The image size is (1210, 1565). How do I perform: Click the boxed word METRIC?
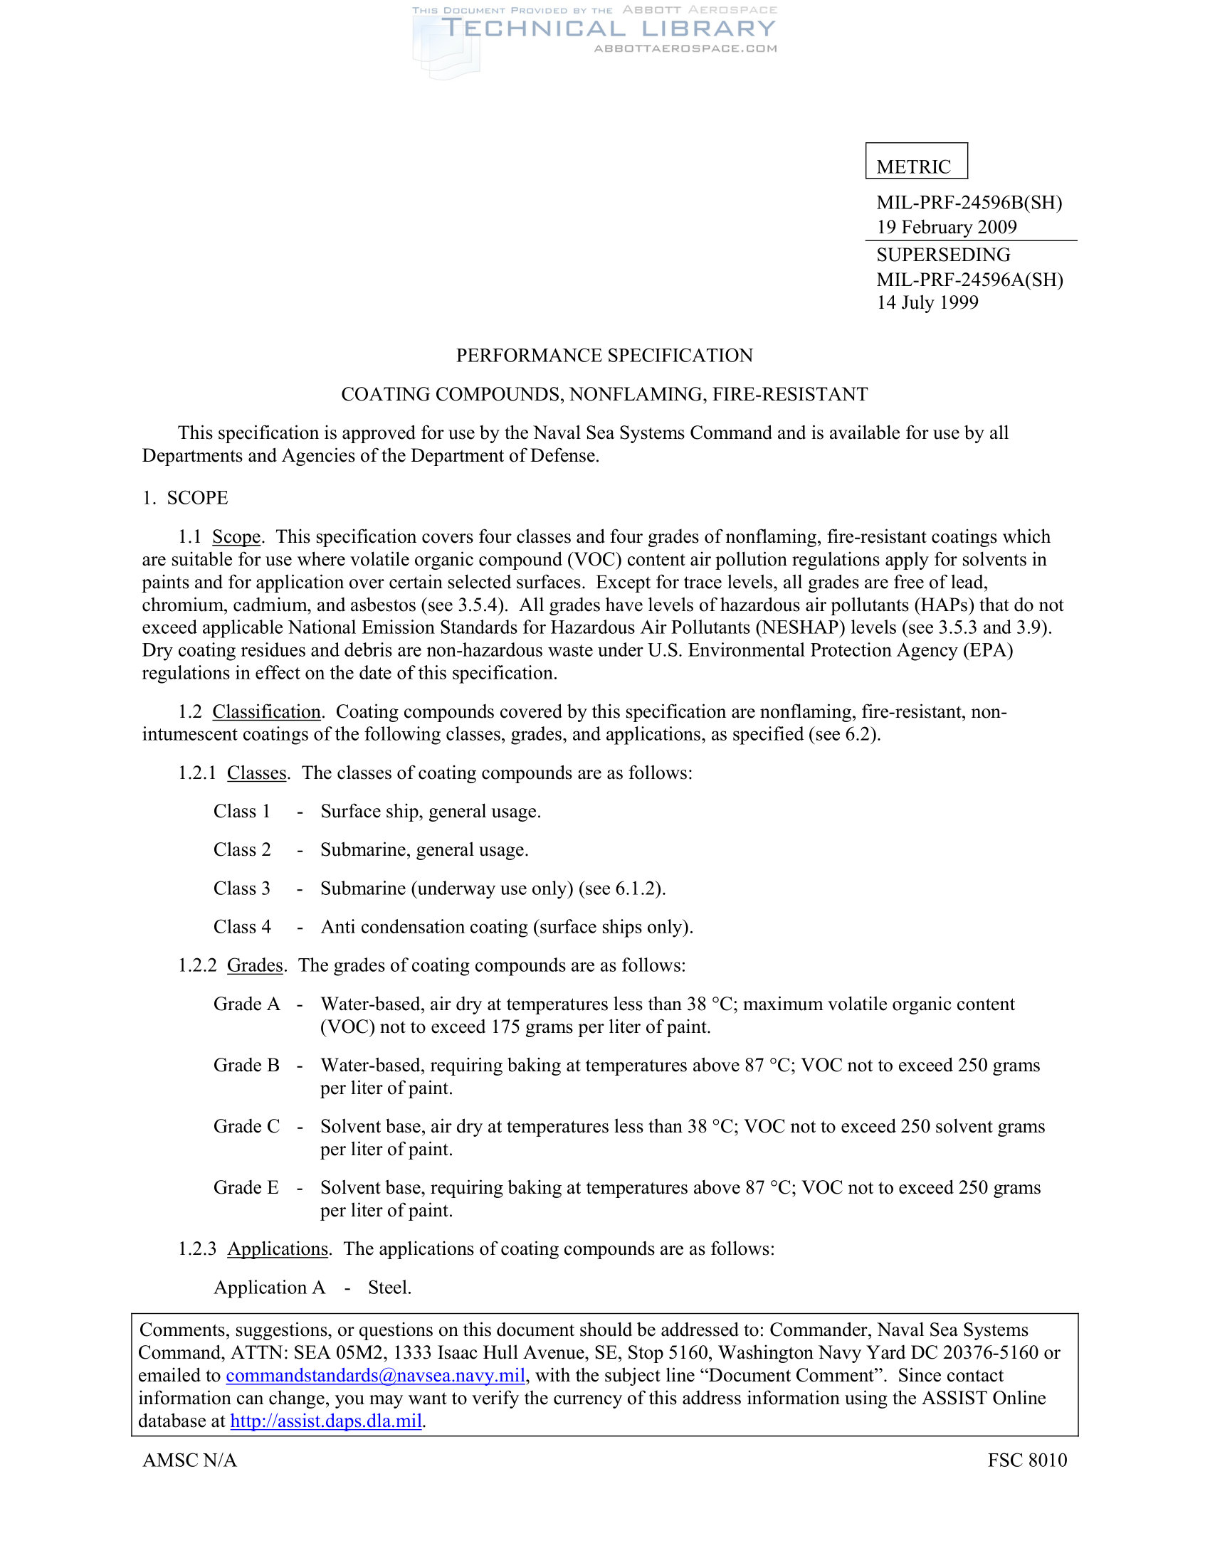pos(913,166)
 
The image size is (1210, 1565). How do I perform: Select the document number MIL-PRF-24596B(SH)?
pos(969,203)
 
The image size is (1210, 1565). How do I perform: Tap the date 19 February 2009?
pos(946,227)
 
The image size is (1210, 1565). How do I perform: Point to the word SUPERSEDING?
pos(943,255)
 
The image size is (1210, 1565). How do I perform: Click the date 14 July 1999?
pos(927,302)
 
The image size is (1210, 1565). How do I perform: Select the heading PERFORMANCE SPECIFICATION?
pos(604,356)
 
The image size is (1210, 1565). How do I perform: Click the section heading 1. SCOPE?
pos(185,498)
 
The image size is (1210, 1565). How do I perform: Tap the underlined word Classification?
pos(267,711)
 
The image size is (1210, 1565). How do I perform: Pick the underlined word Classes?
pos(257,773)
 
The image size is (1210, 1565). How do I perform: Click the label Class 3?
pos(242,888)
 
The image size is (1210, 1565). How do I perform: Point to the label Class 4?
pos(242,927)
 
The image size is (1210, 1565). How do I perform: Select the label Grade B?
pos(246,1066)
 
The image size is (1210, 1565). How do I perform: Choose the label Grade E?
pos(246,1188)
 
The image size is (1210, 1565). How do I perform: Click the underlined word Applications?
pos(278,1249)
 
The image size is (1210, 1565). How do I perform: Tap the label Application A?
pos(270,1288)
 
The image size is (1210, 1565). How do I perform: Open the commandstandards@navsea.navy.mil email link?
pos(376,1376)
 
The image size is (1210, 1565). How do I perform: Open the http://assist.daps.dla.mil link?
pos(326,1421)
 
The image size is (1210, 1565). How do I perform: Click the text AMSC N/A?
pos(190,1460)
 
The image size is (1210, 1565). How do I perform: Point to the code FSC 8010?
pos(1027,1460)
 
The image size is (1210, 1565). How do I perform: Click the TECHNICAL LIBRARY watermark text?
pos(608,28)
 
